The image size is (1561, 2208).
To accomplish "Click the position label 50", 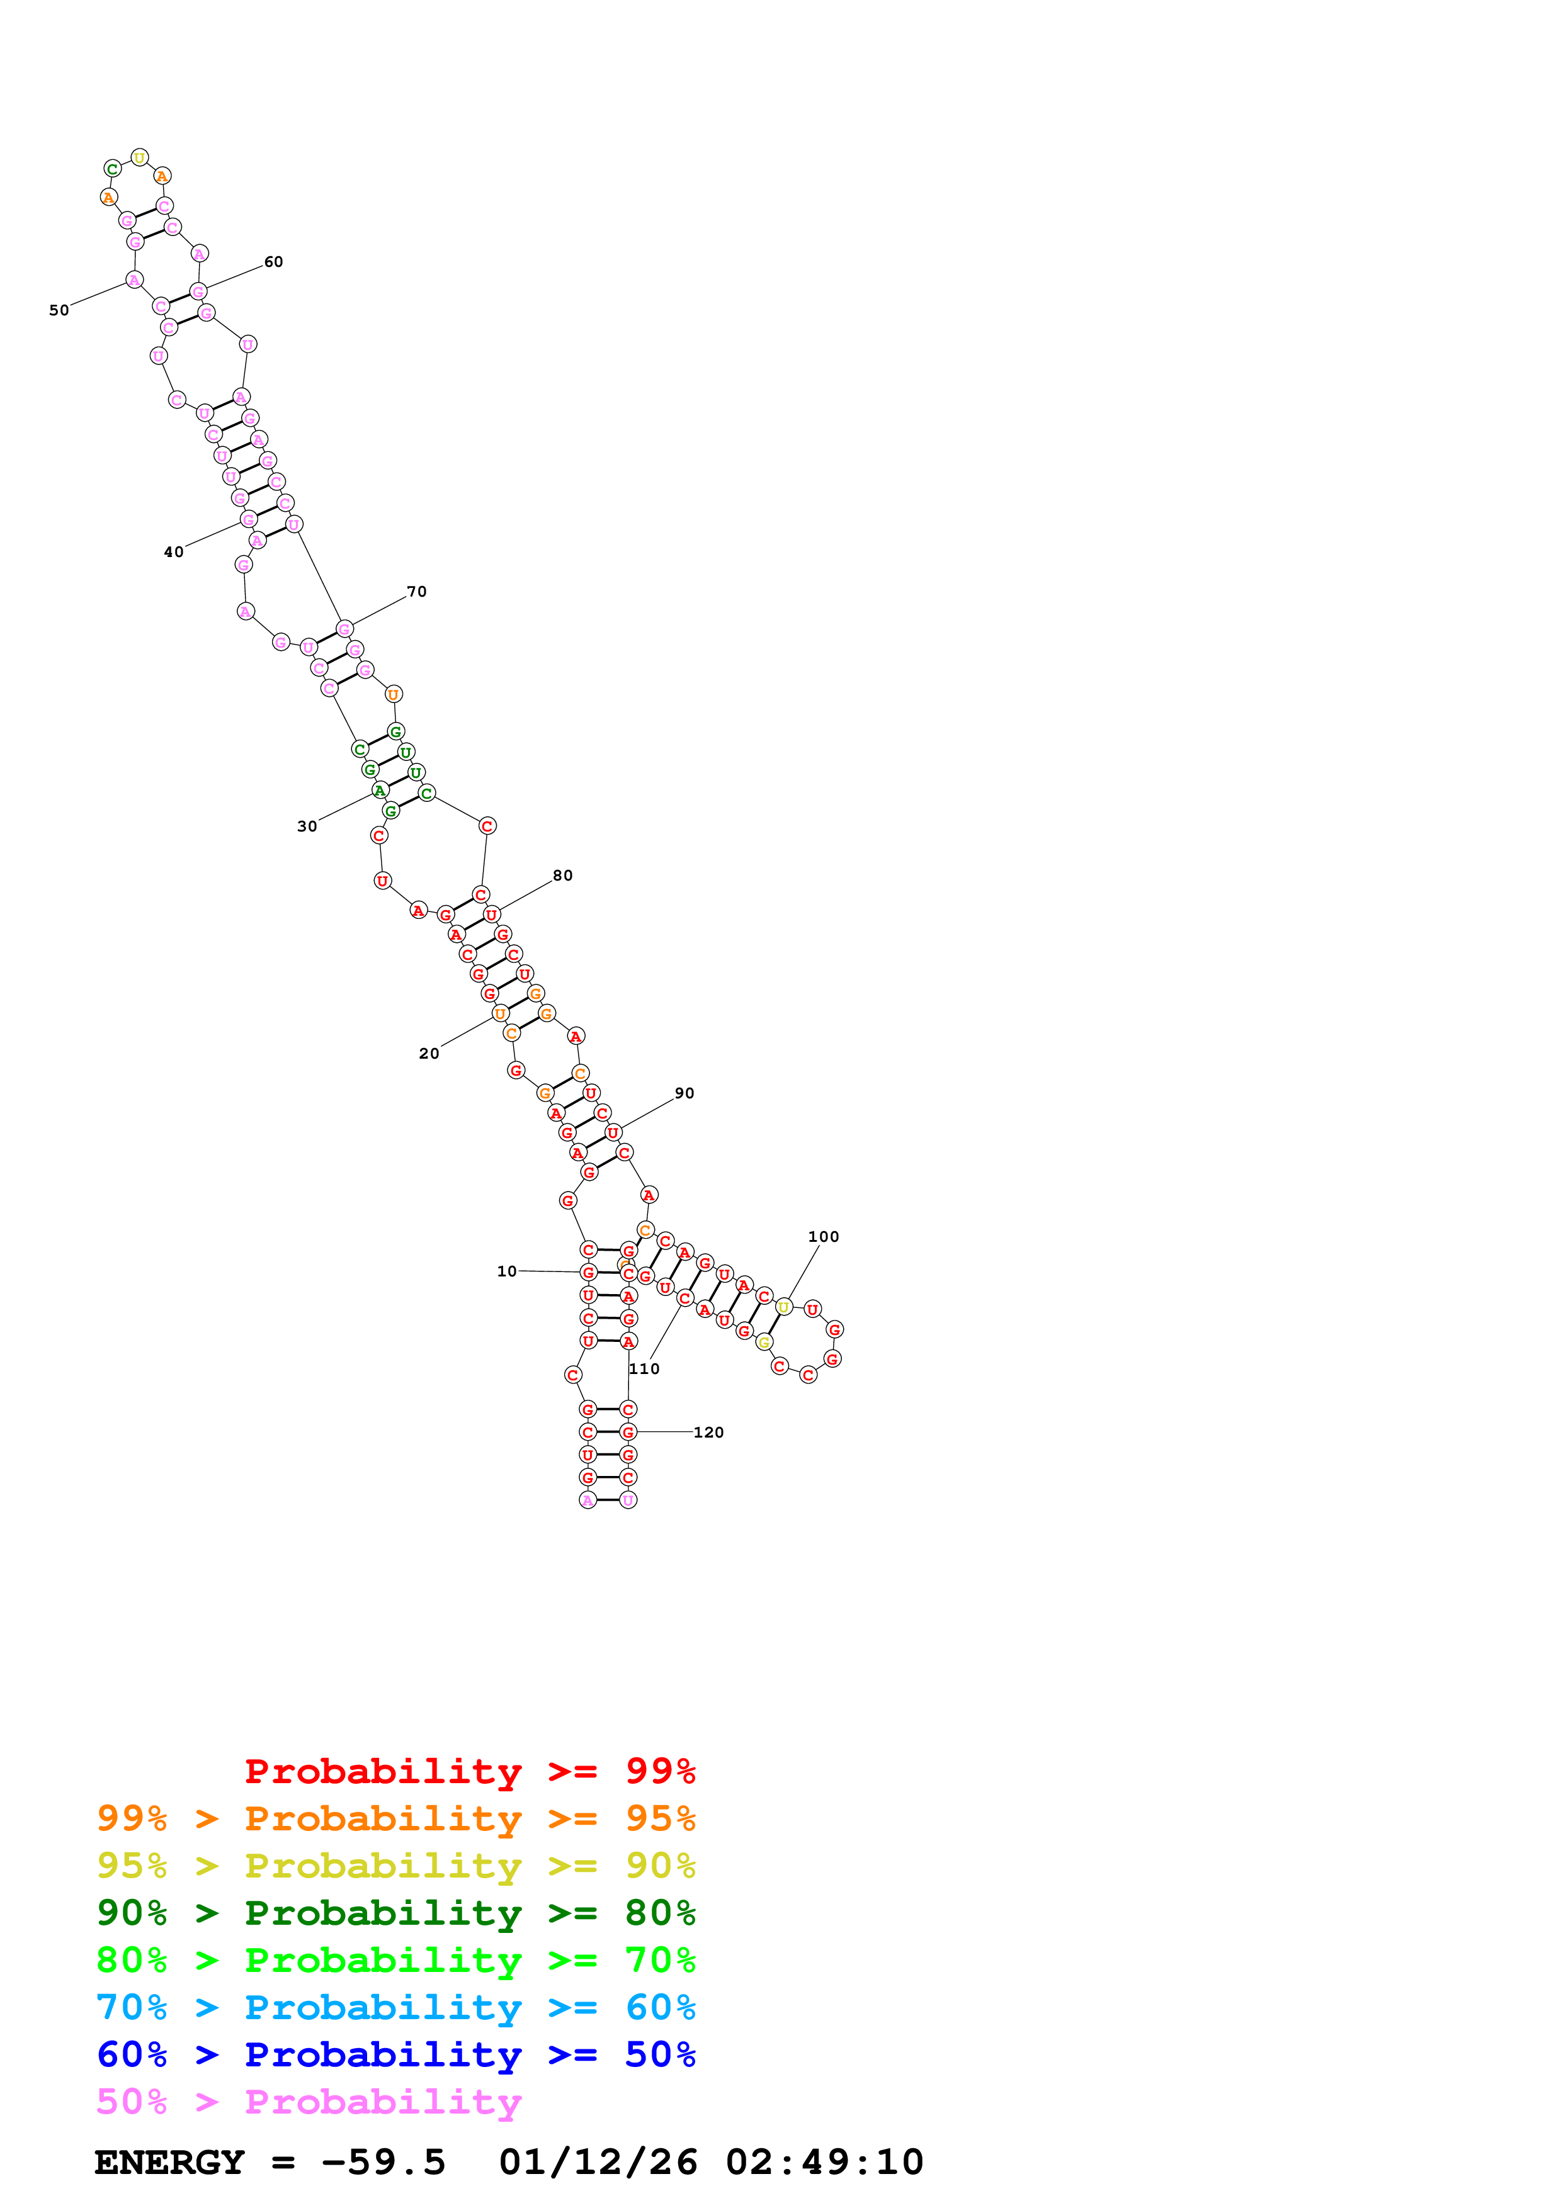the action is click(59, 311).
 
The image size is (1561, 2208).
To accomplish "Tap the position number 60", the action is click(273, 262).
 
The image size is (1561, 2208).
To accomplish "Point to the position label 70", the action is click(416, 592).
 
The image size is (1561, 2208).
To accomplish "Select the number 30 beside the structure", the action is click(307, 826).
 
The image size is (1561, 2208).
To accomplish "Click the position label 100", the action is click(823, 1237).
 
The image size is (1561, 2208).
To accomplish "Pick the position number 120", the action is click(709, 1432).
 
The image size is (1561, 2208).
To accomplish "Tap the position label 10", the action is click(507, 1271).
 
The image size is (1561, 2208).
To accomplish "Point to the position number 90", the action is click(684, 1093).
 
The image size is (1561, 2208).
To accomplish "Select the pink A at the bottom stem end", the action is click(588, 1500).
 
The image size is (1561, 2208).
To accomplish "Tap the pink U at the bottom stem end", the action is click(628, 1500).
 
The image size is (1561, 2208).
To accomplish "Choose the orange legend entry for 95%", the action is click(395, 1818).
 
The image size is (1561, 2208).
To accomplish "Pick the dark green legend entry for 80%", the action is click(395, 1913).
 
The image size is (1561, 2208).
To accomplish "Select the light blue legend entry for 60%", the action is click(395, 2008).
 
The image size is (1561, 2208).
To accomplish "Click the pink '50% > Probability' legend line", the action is click(309, 2102).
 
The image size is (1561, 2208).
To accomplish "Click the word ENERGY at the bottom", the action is click(169, 2163).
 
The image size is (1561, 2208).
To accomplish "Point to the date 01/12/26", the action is click(598, 2163).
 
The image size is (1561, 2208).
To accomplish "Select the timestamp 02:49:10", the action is click(824, 2163).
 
